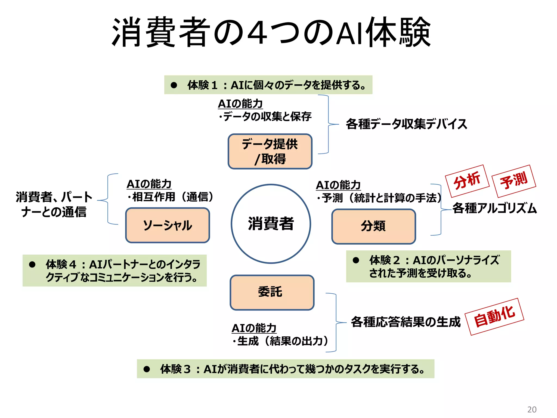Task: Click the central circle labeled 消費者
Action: pyautogui.click(x=271, y=224)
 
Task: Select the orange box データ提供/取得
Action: pyautogui.click(x=270, y=151)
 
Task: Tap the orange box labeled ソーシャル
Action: pyautogui.click(x=168, y=225)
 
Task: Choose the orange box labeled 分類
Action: pyautogui.click(x=373, y=226)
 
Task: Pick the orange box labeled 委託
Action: pyautogui.click(x=272, y=292)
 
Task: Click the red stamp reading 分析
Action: pyautogui.click(x=467, y=181)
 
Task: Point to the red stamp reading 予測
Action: pyautogui.click(x=514, y=181)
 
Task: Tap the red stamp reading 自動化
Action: pyautogui.click(x=494, y=316)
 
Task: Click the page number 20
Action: pyautogui.click(x=532, y=409)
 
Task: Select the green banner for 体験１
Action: pyautogui.click(x=268, y=85)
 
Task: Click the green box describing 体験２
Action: pyautogui.click(x=428, y=266)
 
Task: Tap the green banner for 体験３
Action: pyautogui.click(x=285, y=369)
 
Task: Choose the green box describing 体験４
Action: pyautogui.click(x=115, y=271)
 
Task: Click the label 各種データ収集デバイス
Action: pyautogui.click(x=406, y=124)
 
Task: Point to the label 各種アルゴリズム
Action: pyautogui.click(x=494, y=208)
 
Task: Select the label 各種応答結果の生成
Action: pyautogui.click(x=406, y=322)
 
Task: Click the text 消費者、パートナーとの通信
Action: pyautogui.click(x=54, y=204)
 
